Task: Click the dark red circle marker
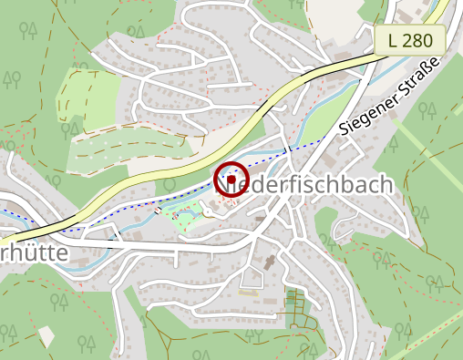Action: (x=231, y=179)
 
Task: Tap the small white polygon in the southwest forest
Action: (x=46, y=336)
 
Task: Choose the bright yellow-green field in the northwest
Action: (x=89, y=98)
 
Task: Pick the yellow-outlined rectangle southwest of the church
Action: (x=248, y=293)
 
